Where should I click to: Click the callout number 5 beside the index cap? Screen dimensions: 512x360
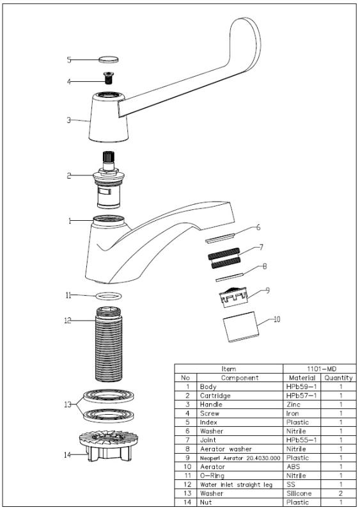click(69, 60)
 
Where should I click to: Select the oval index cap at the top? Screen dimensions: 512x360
click(109, 59)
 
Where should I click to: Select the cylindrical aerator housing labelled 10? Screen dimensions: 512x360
click(241, 327)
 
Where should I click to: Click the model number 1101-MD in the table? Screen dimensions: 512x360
click(318, 369)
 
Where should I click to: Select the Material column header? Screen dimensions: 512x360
click(301, 378)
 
